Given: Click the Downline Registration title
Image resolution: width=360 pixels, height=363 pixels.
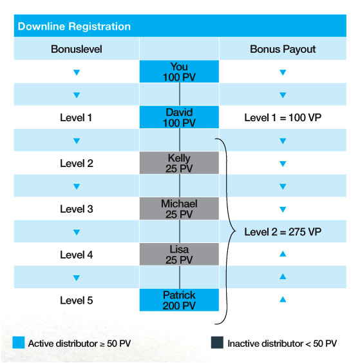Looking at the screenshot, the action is pos(74,26).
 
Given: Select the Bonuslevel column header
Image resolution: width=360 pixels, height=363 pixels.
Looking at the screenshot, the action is pos(77,49).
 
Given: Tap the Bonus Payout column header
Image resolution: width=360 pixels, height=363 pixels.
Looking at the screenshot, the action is pos(283,49).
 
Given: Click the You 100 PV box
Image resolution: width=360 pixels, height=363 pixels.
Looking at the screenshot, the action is pos(179,72).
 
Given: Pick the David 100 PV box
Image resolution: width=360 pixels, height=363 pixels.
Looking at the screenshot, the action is pos(179,117).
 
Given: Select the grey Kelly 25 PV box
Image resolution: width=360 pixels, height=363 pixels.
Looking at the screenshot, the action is pos(179,162).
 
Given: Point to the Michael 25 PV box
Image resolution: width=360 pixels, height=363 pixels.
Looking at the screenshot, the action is pos(179,208).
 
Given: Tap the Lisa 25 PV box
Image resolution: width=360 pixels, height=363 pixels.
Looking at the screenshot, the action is pos(179,254).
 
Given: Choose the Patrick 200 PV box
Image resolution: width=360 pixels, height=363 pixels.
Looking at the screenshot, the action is pos(179,300).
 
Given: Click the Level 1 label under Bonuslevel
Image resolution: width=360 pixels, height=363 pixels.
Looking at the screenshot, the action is pos(76,117).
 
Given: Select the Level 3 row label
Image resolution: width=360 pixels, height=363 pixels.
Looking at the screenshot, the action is pos(77,209).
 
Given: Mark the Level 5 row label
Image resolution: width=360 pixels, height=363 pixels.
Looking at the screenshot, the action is pos(77,300).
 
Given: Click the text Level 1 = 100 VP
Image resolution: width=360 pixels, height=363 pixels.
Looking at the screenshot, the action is pos(283,117).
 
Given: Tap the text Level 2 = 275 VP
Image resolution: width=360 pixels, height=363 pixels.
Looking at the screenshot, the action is pos(283,231).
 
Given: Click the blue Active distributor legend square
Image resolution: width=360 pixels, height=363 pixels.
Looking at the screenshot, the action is pos(19,342).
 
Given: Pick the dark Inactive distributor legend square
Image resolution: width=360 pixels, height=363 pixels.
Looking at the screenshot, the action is pos(217,342).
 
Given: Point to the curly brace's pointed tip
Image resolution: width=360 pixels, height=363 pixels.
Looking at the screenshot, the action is pos(235,231).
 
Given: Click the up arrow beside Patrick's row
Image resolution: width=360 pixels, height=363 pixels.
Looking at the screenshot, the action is pos(283,300).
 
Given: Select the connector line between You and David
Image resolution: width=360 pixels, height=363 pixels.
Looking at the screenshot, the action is pos(180,94).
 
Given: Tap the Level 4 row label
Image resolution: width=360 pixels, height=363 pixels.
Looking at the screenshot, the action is pos(77,255).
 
